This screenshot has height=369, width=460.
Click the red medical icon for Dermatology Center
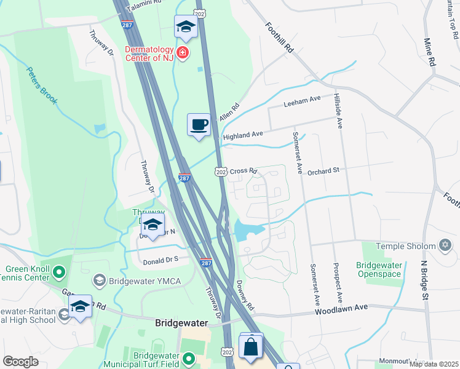point(183,53)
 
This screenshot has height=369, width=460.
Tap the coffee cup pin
point(199,125)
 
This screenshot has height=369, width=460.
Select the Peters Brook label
point(42,85)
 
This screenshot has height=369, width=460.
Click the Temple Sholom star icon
point(445,246)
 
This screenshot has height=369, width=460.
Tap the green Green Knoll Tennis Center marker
point(59,271)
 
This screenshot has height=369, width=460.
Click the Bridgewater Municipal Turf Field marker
point(189,358)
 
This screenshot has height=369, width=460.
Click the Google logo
point(20,362)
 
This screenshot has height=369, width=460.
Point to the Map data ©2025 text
point(434,363)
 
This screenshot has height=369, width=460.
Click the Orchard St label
point(323,171)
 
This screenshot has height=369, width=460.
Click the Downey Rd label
point(244,295)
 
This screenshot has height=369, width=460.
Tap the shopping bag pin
point(252,347)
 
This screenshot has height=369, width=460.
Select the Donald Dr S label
point(161,261)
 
